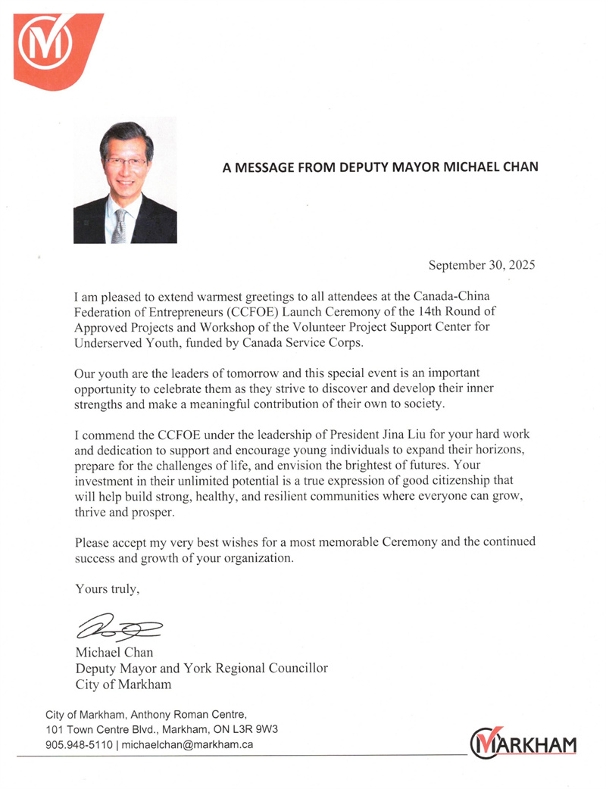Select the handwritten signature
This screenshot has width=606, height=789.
(x=120, y=627)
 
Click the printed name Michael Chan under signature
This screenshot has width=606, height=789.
(x=114, y=652)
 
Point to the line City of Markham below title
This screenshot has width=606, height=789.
(x=123, y=685)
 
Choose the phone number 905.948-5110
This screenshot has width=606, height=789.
(x=80, y=744)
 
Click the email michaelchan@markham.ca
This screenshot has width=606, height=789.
(x=186, y=744)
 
